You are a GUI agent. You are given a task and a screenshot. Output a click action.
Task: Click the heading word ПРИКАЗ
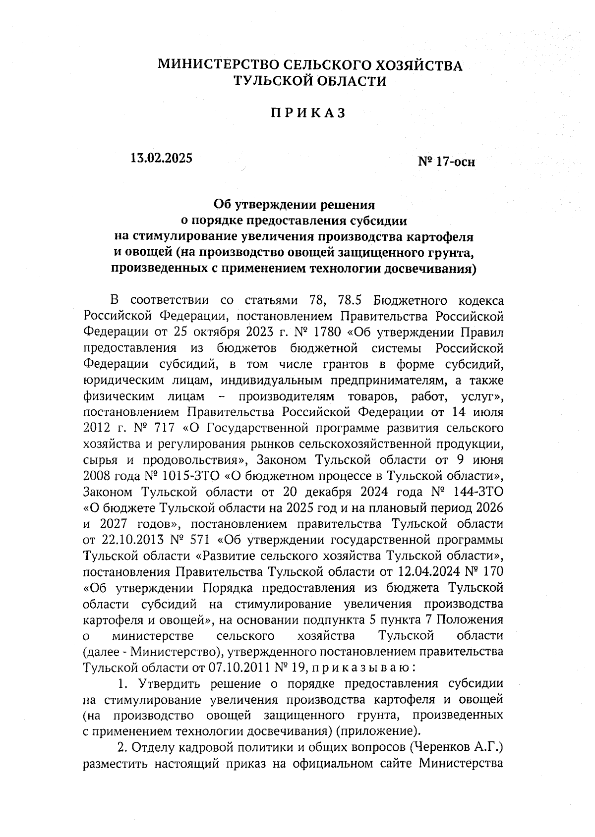[307, 113]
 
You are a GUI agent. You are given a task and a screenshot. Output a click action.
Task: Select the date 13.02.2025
[160, 158]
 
